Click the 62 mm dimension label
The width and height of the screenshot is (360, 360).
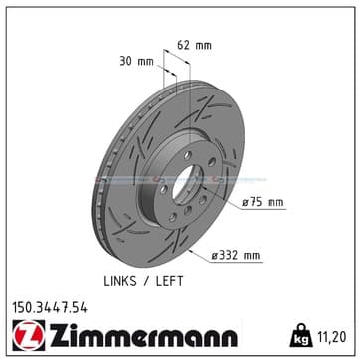point(194,45)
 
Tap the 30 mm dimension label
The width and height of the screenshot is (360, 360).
point(136,61)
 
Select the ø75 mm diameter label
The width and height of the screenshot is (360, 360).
point(263,202)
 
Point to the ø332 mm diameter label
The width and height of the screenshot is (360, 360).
point(236,256)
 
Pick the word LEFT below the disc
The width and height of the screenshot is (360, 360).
point(169,281)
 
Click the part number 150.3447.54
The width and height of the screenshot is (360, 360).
point(50,308)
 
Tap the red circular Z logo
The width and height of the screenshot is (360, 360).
point(29,335)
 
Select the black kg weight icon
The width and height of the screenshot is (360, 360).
point(301,335)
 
